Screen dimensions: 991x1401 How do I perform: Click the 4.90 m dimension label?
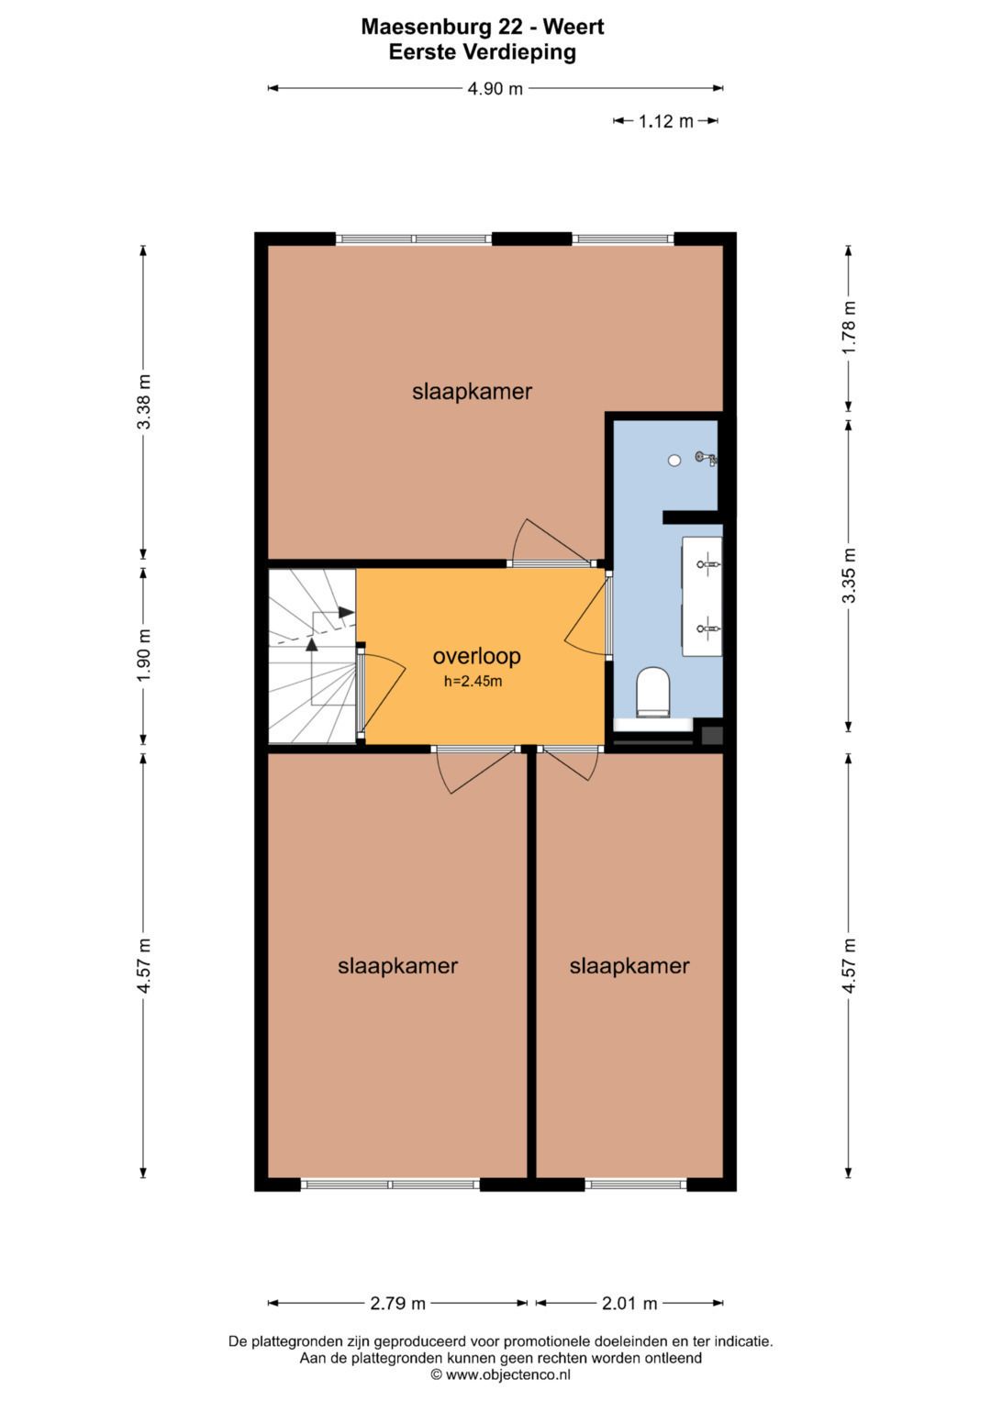tap(495, 89)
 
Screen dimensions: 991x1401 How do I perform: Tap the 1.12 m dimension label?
tap(665, 121)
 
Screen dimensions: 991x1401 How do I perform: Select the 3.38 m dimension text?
tap(143, 402)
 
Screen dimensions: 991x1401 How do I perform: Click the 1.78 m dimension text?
tap(849, 328)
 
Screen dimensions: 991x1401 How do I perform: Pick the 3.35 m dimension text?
tap(849, 575)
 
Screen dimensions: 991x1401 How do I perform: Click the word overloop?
tap(477, 656)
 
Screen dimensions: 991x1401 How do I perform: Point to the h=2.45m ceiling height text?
tap(473, 681)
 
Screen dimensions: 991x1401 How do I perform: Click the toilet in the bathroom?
tap(653, 692)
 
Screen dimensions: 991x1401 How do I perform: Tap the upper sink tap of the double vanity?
tap(707, 564)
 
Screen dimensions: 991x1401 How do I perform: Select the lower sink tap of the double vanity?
tap(707, 628)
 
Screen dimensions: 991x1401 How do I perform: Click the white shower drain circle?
tap(674, 461)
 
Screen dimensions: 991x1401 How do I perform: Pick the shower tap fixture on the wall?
tap(706, 458)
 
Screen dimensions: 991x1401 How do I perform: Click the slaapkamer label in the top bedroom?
tap(473, 392)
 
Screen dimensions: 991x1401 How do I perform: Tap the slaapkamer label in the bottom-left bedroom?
tap(398, 966)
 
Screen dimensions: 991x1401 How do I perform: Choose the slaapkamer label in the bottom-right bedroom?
tap(629, 966)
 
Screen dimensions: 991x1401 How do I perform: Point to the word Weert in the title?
tap(573, 27)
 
